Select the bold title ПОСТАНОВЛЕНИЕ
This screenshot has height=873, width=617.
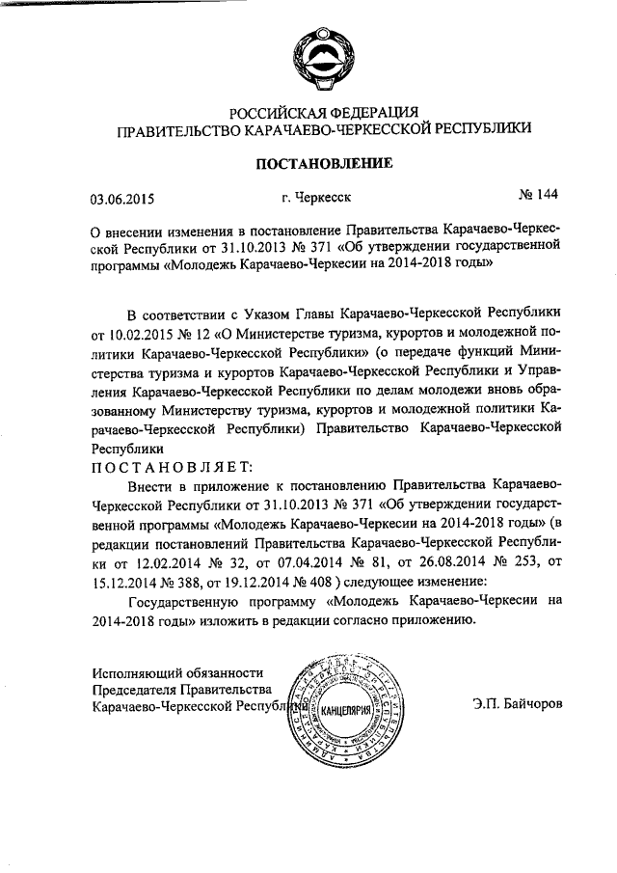pyautogui.click(x=323, y=163)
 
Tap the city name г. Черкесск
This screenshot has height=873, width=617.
pyautogui.click(x=316, y=199)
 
